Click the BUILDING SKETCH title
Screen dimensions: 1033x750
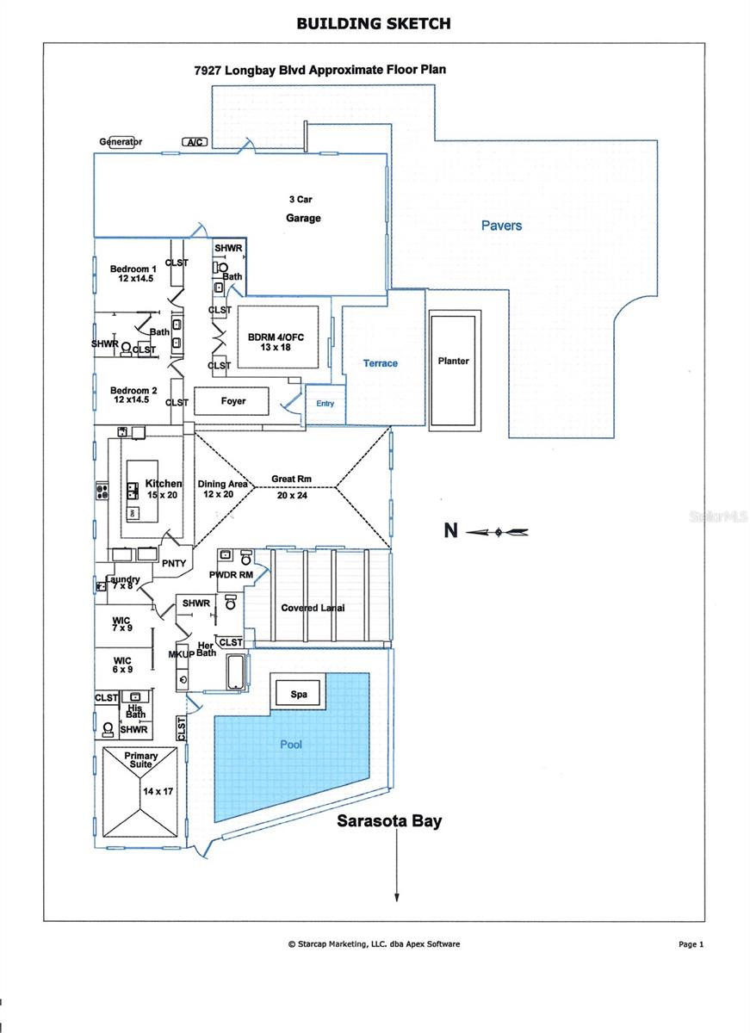pyautogui.click(x=374, y=23)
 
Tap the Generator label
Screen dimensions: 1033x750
pyautogui.click(x=121, y=142)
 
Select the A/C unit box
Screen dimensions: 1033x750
pyautogui.click(x=193, y=142)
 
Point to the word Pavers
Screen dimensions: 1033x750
pyautogui.click(x=501, y=226)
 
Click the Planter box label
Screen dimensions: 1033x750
pyautogui.click(x=453, y=361)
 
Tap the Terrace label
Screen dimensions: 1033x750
pyautogui.click(x=380, y=363)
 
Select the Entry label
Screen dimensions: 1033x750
pyautogui.click(x=325, y=404)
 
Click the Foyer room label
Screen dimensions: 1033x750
pyautogui.click(x=232, y=401)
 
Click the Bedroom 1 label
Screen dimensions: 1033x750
pyautogui.click(x=133, y=274)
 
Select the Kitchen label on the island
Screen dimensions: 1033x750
pyautogui.click(x=164, y=485)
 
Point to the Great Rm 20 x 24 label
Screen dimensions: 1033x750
pyautogui.click(x=292, y=486)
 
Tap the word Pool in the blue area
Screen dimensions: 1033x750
pyautogui.click(x=291, y=744)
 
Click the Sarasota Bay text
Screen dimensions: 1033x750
pyautogui.click(x=388, y=820)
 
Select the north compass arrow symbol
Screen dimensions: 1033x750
pyautogui.click(x=498, y=532)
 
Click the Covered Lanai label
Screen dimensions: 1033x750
pyautogui.click(x=313, y=608)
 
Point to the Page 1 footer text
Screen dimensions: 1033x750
pyautogui.click(x=691, y=944)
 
